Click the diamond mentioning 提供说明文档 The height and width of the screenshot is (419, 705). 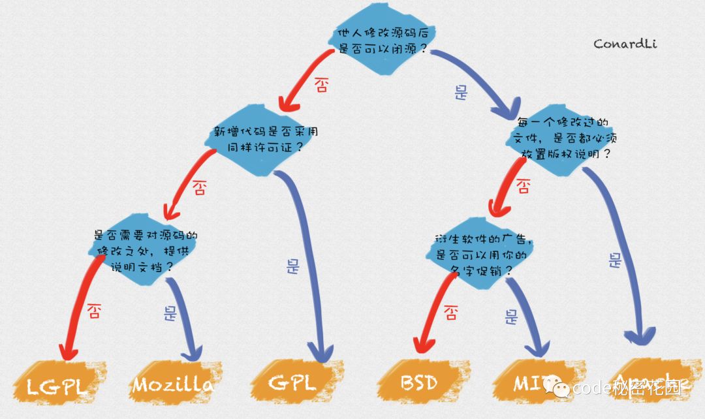click(145, 251)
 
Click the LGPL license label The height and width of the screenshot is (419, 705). click(57, 384)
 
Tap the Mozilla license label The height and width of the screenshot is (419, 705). click(173, 384)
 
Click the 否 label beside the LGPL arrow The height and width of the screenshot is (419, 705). click(94, 311)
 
